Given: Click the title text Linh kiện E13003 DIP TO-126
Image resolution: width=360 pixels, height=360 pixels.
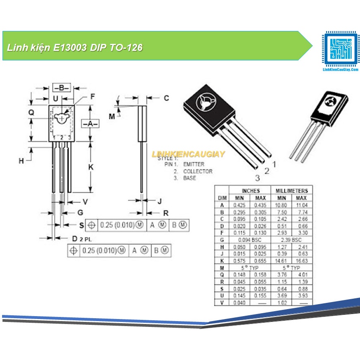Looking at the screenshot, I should point(75,48).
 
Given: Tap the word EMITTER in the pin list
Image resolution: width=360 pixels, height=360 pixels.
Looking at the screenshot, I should point(194,164).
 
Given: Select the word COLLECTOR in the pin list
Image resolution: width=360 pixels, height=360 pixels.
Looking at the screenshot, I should point(197,171).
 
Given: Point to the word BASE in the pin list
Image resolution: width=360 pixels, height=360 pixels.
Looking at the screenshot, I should point(190,178).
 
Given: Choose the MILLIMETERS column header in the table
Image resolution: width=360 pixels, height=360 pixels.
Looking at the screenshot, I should point(292,191).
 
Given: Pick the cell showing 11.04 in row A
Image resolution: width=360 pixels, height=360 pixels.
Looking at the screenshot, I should point(302,205).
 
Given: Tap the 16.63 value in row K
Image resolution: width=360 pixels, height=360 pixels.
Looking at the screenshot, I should point(302,261).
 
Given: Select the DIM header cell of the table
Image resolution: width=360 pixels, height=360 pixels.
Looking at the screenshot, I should point(222,198).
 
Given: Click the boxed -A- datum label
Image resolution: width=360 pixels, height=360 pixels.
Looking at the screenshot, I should point(90,124).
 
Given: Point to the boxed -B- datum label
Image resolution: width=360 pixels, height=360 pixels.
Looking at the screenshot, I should point(61,88).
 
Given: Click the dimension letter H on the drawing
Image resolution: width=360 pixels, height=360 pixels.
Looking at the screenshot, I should point(21,161).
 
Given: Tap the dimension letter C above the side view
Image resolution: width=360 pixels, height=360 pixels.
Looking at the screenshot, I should point(166,98).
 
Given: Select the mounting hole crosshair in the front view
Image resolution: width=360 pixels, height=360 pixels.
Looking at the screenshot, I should point(62,118).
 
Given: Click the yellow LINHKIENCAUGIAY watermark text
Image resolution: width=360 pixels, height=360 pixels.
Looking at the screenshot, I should point(188,154).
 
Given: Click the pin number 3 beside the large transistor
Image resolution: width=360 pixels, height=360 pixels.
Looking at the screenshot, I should point(257,178).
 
